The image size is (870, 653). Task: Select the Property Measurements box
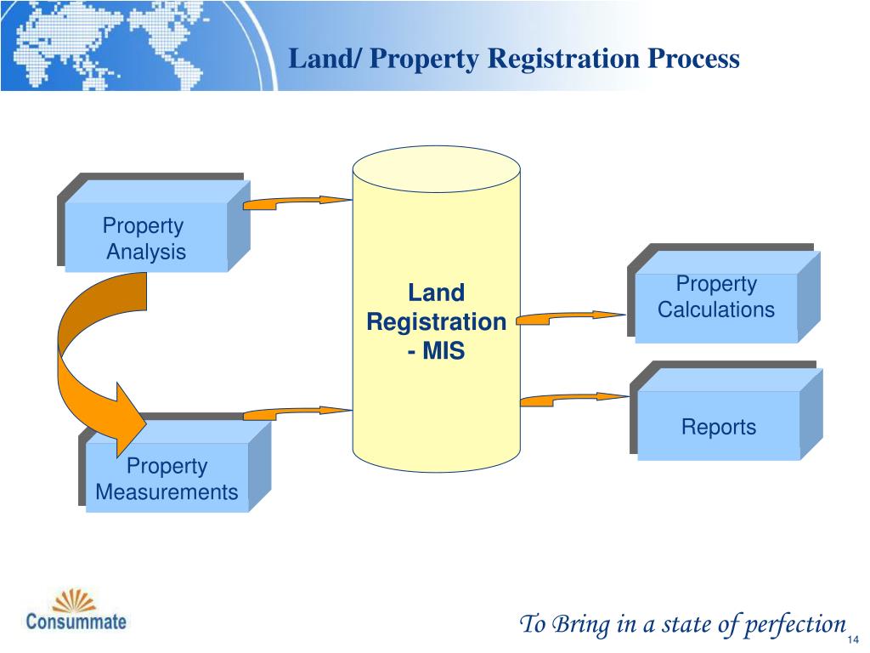pyautogui.click(x=167, y=478)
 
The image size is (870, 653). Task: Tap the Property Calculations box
pyautogui.click(x=716, y=298)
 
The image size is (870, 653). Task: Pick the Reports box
pyautogui.click(x=719, y=427)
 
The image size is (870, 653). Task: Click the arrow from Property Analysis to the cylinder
pyautogui.click(x=297, y=202)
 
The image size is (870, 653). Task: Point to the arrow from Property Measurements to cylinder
pyautogui.click(x=297, y=412)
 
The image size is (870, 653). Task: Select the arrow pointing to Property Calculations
pyautogui.click(x=569, y=318)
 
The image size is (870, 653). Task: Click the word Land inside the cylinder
pyautogui.click(x=436, y=293)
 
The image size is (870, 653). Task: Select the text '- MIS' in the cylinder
pyautogui.click(x=436, y=350)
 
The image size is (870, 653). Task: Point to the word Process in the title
pyautogui.click(x=694, y=59)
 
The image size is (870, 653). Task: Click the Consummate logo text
pyautogui.click(x=76, y=620)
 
